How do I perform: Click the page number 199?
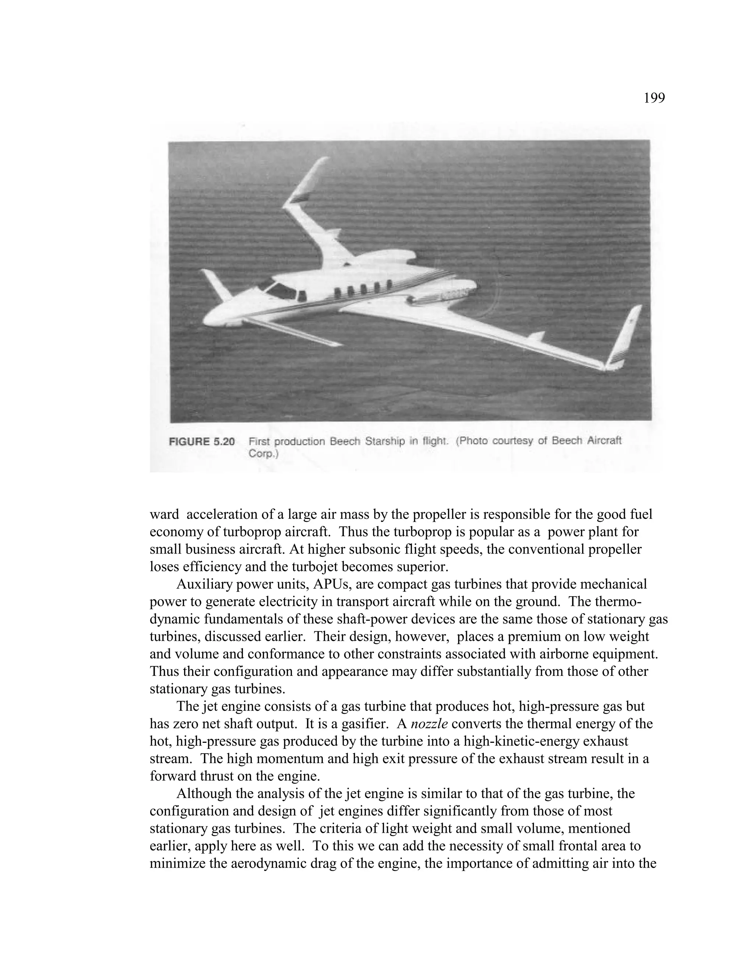(654, 98)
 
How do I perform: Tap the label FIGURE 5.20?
(202, 442)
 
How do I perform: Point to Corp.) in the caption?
(264, 454)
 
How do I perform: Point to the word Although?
(204, 793)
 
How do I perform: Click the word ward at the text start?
(164, 515)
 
